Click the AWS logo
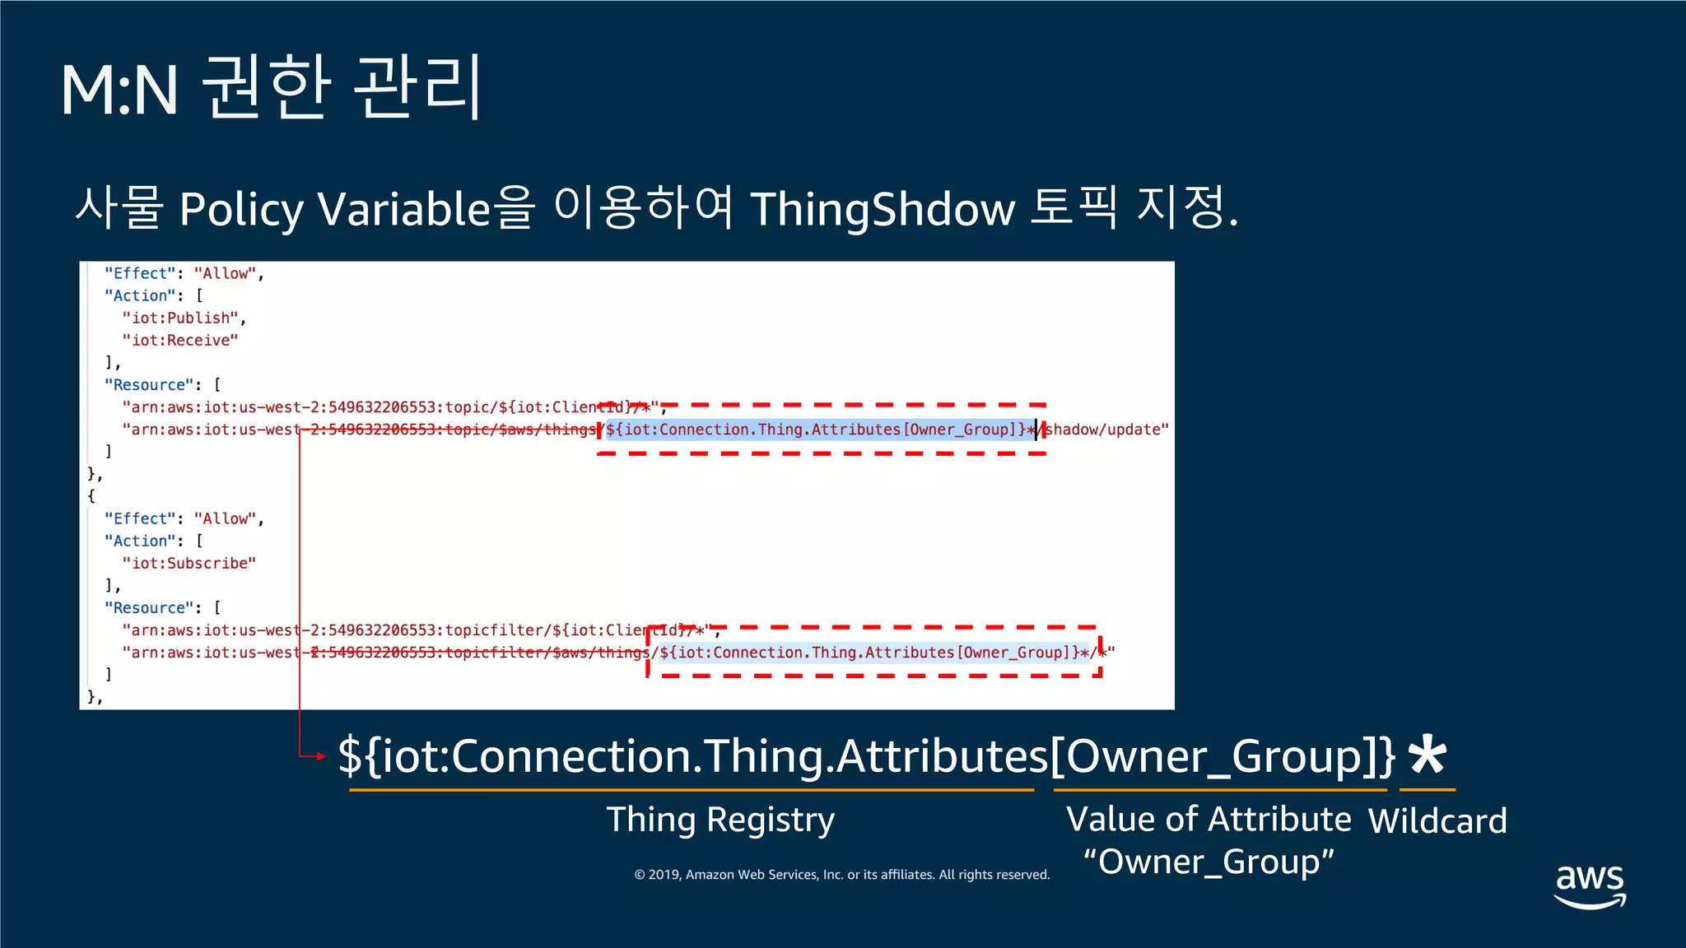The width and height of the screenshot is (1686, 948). pos(1590,885)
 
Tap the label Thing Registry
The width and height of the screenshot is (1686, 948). pos(720,820)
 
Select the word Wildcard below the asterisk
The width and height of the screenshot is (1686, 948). pos(1437,821)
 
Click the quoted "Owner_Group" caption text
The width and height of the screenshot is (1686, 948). pos(1209,862)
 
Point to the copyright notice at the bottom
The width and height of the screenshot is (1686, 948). pos(841,875)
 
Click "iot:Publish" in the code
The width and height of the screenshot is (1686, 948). pos(181,318)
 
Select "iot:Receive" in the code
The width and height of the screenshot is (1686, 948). pos(180,341)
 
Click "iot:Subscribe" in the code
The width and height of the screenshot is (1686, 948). pos(189,564)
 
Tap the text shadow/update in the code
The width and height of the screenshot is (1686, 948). pos(1104,430)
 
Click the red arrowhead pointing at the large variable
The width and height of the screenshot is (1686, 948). pos(320,756)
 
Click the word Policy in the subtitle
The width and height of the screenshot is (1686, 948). pos(240,209)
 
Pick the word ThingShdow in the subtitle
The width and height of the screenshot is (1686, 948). pos(883,209)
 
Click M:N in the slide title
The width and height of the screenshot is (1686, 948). pos(119,91)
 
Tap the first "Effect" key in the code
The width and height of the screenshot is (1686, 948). pos(140,274)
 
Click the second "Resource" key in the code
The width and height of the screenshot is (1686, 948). pos(149,608)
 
